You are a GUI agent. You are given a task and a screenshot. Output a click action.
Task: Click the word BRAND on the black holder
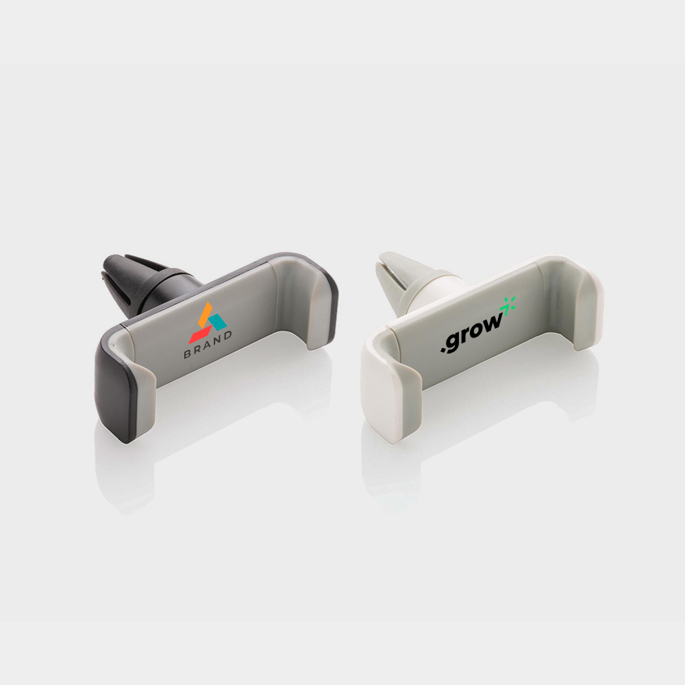point(208,345)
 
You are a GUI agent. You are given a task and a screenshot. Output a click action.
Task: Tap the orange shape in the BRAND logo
point(205,314)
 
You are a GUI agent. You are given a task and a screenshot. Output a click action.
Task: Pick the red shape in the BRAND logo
point(200,335)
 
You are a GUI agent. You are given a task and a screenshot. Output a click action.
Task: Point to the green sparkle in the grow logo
point(508,305)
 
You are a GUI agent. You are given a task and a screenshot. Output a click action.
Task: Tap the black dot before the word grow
point(443,349)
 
